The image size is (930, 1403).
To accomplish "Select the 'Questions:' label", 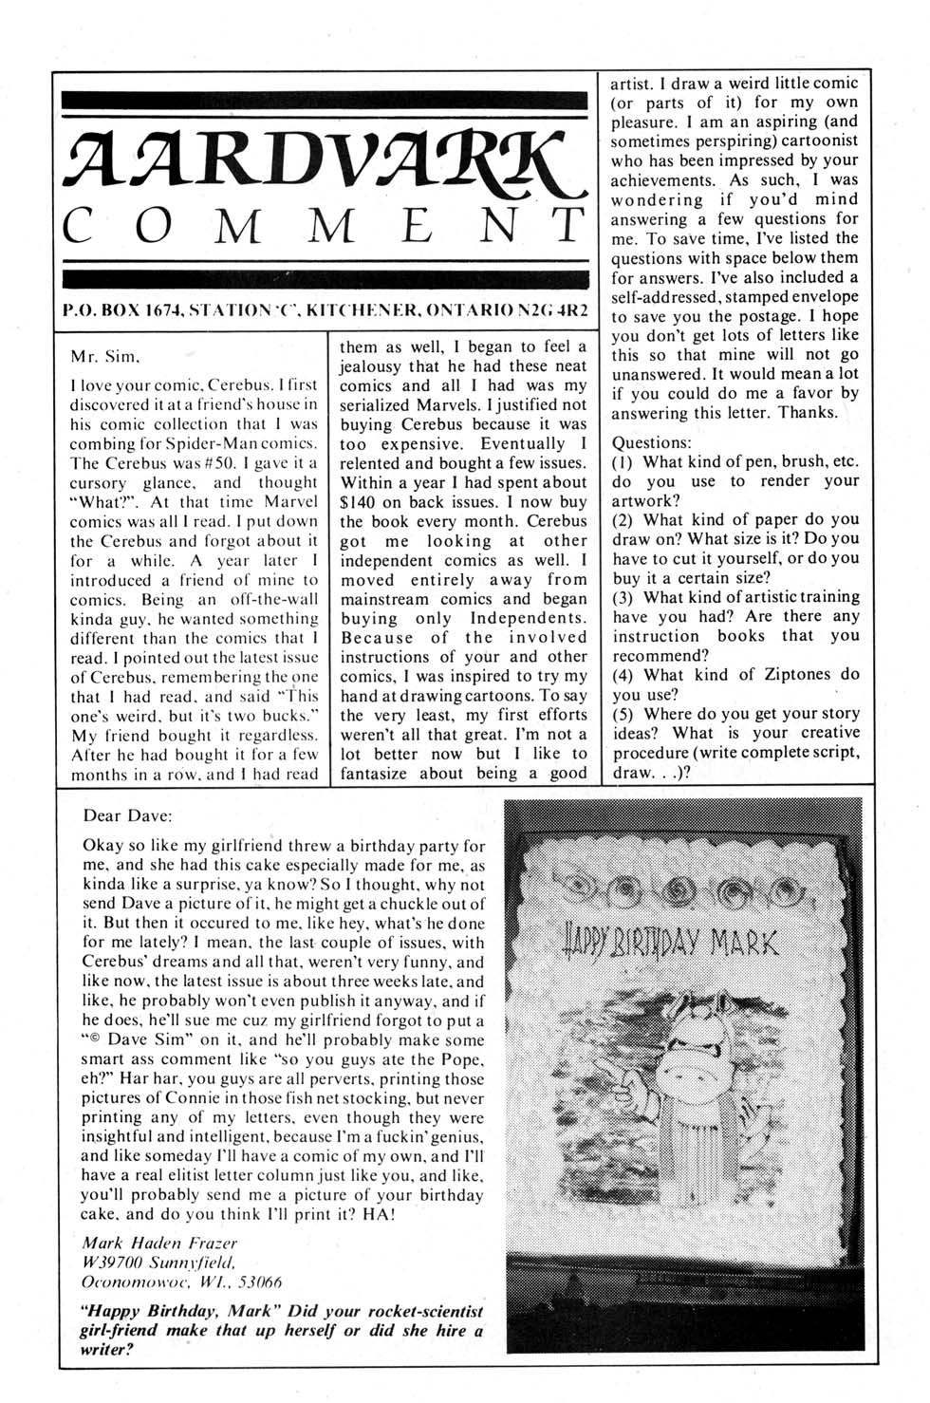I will click(652, 442).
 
